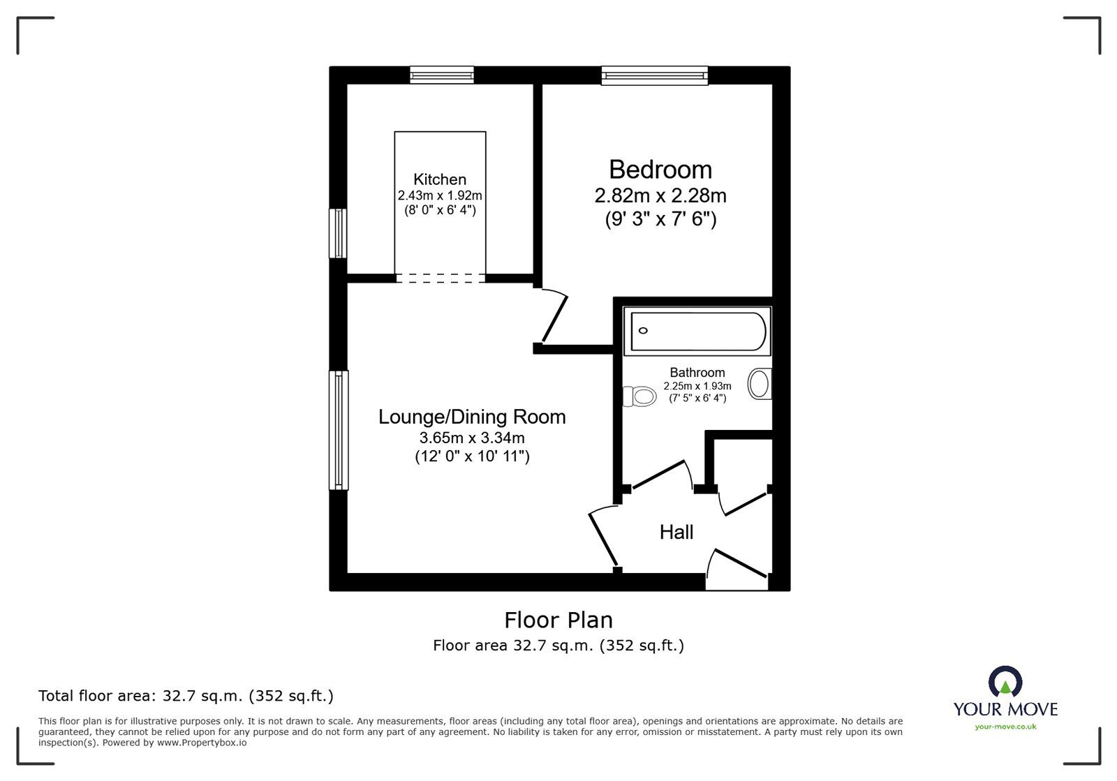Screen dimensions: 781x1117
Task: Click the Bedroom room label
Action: click(660, 170)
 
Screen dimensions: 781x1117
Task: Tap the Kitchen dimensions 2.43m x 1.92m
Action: click(440, 195)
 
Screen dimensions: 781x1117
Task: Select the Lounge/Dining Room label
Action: click(472, 417)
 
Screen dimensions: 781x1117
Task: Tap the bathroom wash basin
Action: click(760, 384)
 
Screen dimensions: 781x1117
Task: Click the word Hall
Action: click(676, 533)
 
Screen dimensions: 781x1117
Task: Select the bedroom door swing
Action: click(555, 318)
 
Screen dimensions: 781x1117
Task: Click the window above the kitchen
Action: click(442, 75)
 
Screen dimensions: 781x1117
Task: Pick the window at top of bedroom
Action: click(655, 75)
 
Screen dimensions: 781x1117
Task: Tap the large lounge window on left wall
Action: click(339, 429)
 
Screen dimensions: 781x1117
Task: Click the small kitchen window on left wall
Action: click(339, 233)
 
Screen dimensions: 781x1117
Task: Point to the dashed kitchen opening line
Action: click(440, 278)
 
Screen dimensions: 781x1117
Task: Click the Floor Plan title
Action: click(558, 620)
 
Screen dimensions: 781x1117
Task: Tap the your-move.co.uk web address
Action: click(1005, 727)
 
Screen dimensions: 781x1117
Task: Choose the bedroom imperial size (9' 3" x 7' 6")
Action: click(660, 219)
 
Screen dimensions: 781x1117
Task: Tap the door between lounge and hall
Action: click(603, 538)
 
